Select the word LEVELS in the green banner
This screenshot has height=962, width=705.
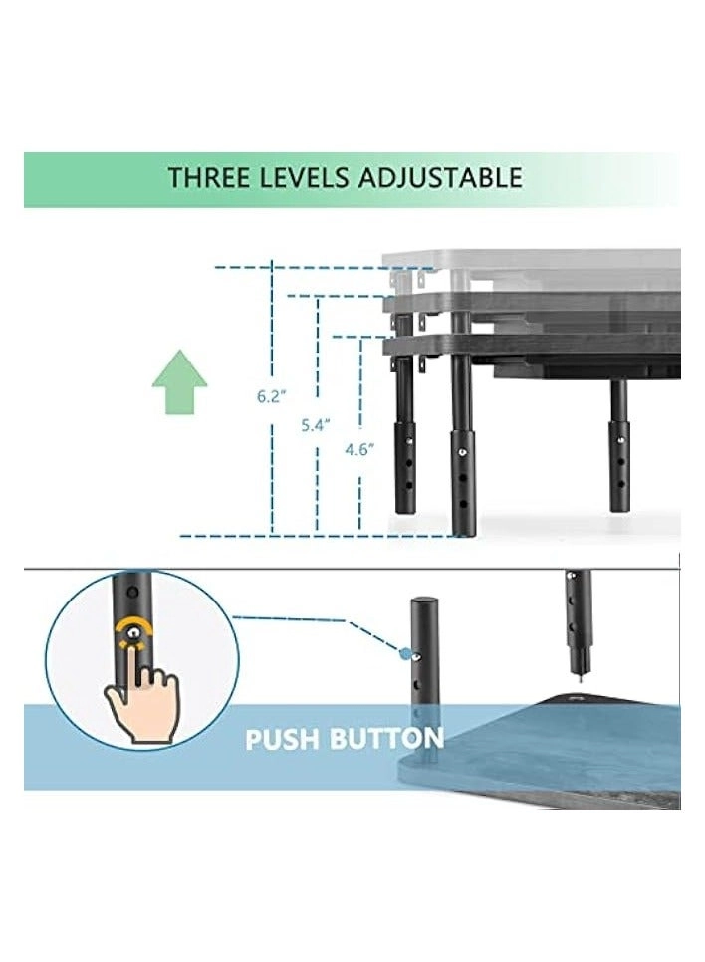click(x=290, y=178)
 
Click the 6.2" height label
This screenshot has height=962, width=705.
click(x=270, y=395)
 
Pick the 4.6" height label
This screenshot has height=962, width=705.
click(x=357, y=449)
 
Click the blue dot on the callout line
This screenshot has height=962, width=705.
click(x=403, y=654)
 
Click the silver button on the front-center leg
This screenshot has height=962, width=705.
click(x=464, y=453)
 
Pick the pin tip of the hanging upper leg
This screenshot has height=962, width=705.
click(x=576, y=674)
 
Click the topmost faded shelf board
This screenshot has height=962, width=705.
click(x=538, y=258)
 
